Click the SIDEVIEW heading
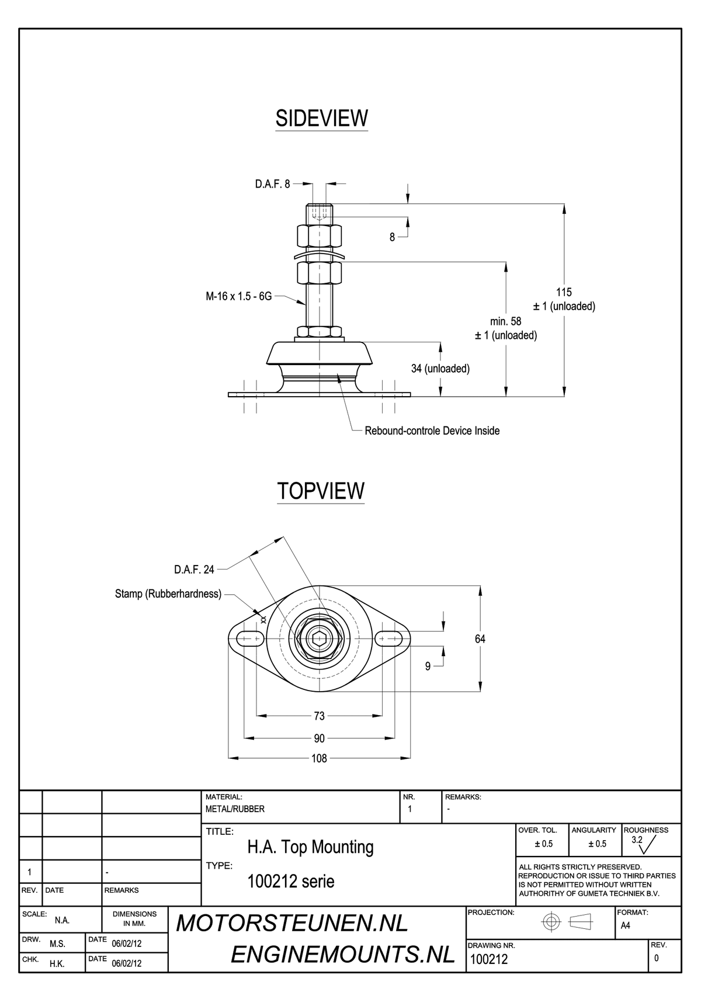321,118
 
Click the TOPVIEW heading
321,491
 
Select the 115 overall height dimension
564,292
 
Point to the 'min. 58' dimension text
506,321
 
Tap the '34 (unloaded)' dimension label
440,369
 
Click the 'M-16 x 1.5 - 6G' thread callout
239,296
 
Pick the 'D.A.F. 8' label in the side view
272,184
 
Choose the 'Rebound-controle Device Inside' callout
432,431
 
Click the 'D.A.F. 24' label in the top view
195,569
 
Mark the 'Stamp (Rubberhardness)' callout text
168,594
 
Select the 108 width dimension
319,758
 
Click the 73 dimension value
319,716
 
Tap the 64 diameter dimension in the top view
480,639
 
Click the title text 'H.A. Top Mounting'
310,847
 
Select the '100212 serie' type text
291,881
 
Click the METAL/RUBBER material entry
235,809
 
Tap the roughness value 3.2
637,840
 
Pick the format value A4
626,925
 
